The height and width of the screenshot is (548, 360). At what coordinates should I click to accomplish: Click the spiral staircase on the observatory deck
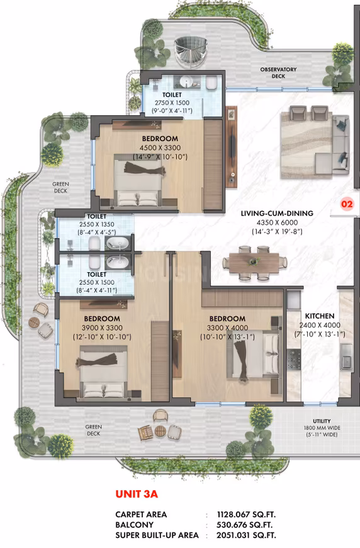191,52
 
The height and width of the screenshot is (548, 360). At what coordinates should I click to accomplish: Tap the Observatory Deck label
278,72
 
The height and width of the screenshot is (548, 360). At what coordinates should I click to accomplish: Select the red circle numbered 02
347,203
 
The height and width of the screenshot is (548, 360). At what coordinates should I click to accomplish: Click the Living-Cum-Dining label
277,213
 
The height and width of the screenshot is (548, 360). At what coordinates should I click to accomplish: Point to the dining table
254,263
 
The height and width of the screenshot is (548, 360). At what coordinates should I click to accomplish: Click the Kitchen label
320,316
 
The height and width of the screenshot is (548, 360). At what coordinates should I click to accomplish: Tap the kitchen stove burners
294,359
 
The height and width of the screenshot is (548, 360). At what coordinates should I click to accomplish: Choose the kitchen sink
346,356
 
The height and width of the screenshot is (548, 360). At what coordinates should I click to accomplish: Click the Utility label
322,421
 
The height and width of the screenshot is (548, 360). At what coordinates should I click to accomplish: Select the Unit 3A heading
137,494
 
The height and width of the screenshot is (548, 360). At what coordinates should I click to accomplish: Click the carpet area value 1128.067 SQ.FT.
246,515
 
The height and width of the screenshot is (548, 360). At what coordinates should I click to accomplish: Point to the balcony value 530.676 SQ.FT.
244,525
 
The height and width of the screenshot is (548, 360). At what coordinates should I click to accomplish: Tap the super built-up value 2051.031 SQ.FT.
246,535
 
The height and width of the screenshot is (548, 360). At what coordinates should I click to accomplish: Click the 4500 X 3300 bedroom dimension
160,148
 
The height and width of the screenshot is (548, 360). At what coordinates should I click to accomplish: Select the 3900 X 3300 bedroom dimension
102,328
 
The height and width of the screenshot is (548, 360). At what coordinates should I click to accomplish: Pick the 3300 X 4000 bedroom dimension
227,328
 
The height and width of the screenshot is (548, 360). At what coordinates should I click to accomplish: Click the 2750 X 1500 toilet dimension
172,103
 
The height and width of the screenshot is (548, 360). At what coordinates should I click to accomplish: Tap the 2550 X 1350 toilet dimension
97,224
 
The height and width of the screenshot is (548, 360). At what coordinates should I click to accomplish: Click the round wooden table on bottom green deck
160,431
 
